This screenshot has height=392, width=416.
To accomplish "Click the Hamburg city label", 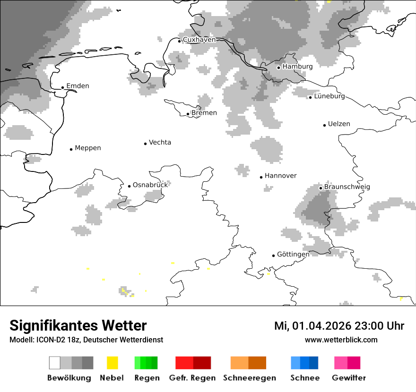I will (x=297, y=67).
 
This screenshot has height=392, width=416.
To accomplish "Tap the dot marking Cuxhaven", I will (x=179, y=41).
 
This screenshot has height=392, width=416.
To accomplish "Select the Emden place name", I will (x=78, y=86).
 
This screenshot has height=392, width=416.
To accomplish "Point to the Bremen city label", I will (x=204, y=113).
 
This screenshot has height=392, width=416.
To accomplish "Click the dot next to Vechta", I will (x=145, y=144).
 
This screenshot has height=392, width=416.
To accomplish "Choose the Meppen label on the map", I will (x=88, y=148).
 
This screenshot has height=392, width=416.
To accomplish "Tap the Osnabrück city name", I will (x=150, y=185).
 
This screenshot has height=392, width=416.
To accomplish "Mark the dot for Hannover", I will (x=261, y=177).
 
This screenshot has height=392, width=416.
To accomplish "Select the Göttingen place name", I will (x=293, y=254).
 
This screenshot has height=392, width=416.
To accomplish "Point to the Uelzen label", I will (x=339, y=124).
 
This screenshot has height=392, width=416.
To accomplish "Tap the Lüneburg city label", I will (x=329, y=96).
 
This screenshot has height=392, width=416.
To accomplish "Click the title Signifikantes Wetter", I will (x=78, y=325).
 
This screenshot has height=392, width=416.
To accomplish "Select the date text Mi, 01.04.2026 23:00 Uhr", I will (x=339, y=326).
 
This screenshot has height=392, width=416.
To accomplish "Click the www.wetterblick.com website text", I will (x=341, y=340).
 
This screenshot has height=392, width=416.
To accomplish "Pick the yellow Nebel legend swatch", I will (x=112, y=363).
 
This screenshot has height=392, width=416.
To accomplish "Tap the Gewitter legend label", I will (x=348, y=378).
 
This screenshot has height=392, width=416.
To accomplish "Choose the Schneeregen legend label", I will (x=249, y=378).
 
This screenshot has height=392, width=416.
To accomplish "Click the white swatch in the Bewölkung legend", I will (x=54, y=363).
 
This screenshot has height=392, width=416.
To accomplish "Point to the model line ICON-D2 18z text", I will (x=86, y=340).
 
